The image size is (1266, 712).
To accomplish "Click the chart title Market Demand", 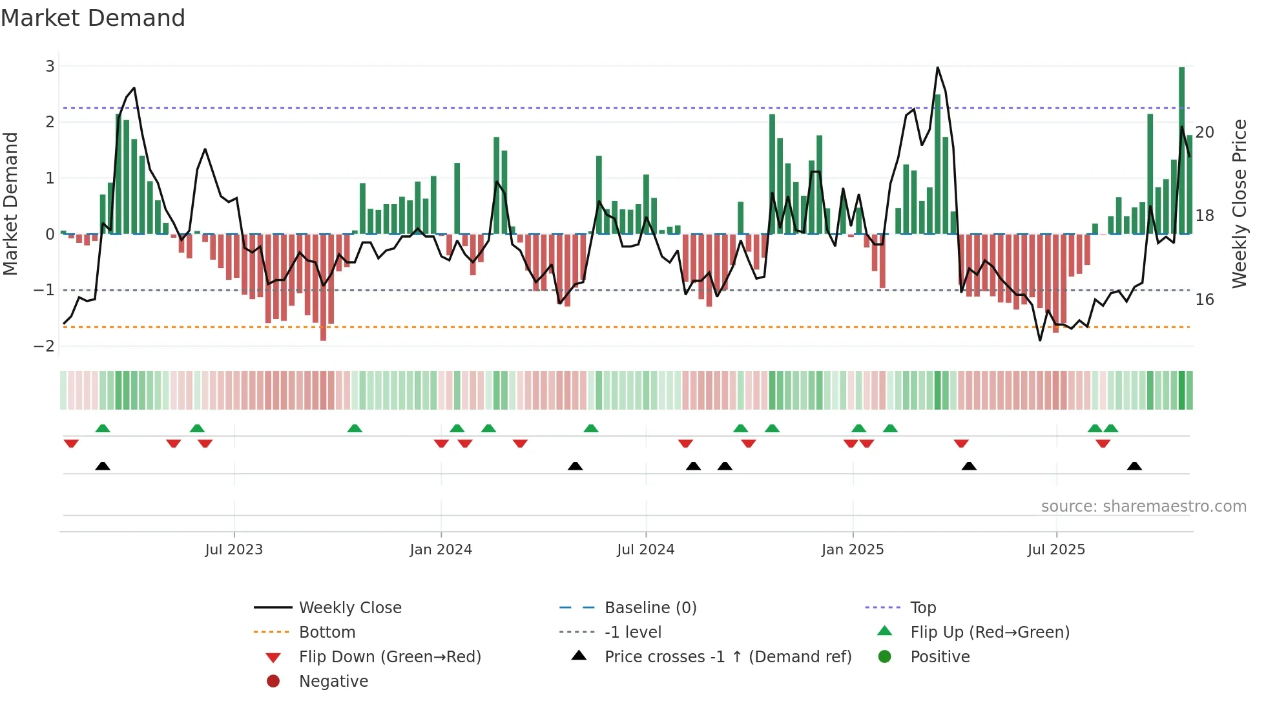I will tap(93, 18).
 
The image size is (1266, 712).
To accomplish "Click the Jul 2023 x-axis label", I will tap(234, 550).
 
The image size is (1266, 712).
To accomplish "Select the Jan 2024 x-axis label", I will tap(441, 550).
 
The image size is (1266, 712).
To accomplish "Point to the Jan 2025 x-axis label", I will tap(853, 550).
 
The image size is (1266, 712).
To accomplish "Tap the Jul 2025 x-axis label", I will tap(1057, 550).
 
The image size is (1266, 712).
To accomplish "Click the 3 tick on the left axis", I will tap(50, 67).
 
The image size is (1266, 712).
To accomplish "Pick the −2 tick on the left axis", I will tap(45, 346).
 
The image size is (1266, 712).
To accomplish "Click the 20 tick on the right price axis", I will tap(1205, 132).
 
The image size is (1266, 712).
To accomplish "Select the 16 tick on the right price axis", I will tap(1205, 300).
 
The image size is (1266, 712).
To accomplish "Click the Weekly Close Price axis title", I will tap(1239, 204).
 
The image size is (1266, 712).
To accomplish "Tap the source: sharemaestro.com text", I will tap(1143, 507).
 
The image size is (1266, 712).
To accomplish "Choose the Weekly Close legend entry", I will tap(350, 608).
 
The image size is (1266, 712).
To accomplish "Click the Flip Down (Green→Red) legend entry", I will tap(389, 657).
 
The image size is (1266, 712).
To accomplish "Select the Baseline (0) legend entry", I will tap(650, 608).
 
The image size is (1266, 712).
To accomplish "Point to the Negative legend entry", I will tap(333, 682).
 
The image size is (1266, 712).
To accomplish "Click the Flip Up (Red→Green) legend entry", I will tap(990, 633).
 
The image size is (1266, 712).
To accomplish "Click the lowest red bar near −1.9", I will tap(323, 288).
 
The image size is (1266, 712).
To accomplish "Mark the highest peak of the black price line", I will tap(937, 68).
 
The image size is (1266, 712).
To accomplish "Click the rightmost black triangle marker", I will tap(1134, 466).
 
